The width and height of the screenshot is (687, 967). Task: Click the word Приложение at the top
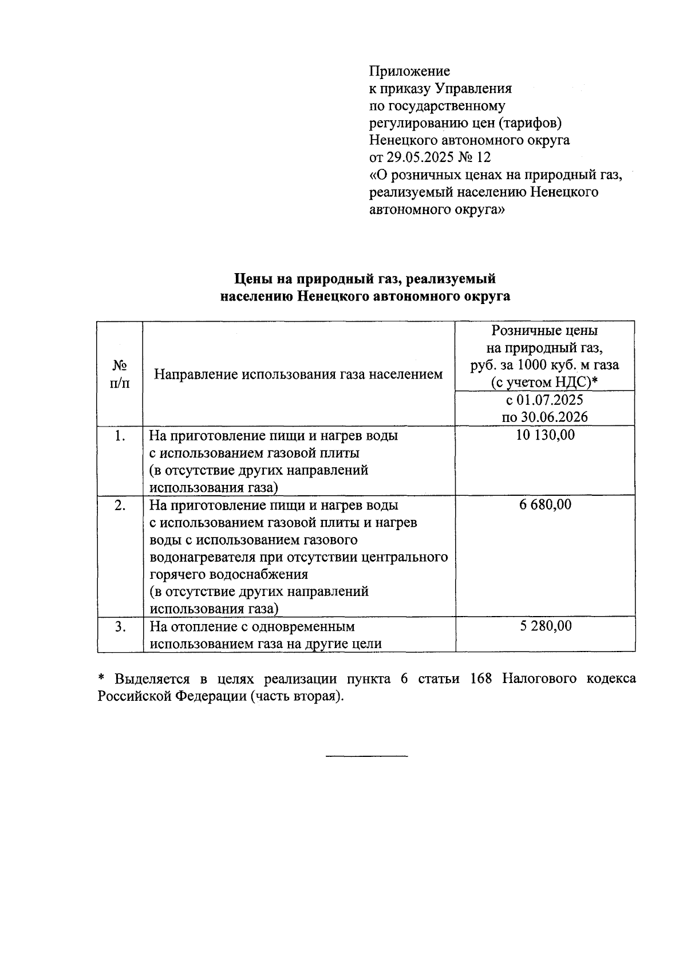pyautogui.click(x=409, y=72)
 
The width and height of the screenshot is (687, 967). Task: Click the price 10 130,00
pyautogui.click(x=545, y=435)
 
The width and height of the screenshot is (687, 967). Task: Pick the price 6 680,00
pyautogui.click(x=545, y=505)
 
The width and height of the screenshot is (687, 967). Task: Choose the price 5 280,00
pyautogui.click(x=545, y=626)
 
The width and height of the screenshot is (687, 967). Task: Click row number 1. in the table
pyautogui.click(x=120, y=436)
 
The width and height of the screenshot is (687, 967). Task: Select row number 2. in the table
pyautogui.click(x=120, y=506)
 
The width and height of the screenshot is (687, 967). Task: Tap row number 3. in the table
pyautogui.click(x=120, y=626)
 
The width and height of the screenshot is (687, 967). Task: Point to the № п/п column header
pyautogui.click(x=120, y=374)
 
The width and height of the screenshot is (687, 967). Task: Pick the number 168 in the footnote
pyautogui.click(x=481, y=679)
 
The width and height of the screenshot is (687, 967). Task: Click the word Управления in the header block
pyautogui.click(x=473, y=89)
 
